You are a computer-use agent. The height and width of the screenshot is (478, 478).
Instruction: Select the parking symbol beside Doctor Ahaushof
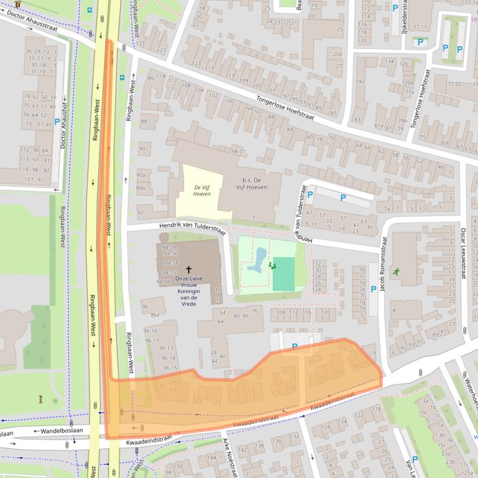57,123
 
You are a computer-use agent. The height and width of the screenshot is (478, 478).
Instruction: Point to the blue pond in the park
257,261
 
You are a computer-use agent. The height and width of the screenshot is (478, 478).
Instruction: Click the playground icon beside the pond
272,265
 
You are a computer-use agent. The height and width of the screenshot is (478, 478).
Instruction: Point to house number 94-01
238,151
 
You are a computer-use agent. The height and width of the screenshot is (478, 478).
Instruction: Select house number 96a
154,315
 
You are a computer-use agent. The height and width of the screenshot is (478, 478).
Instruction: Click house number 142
242,449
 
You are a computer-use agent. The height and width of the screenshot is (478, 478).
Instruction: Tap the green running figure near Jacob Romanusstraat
395,271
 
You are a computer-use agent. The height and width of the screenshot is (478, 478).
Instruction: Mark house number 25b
337,54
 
